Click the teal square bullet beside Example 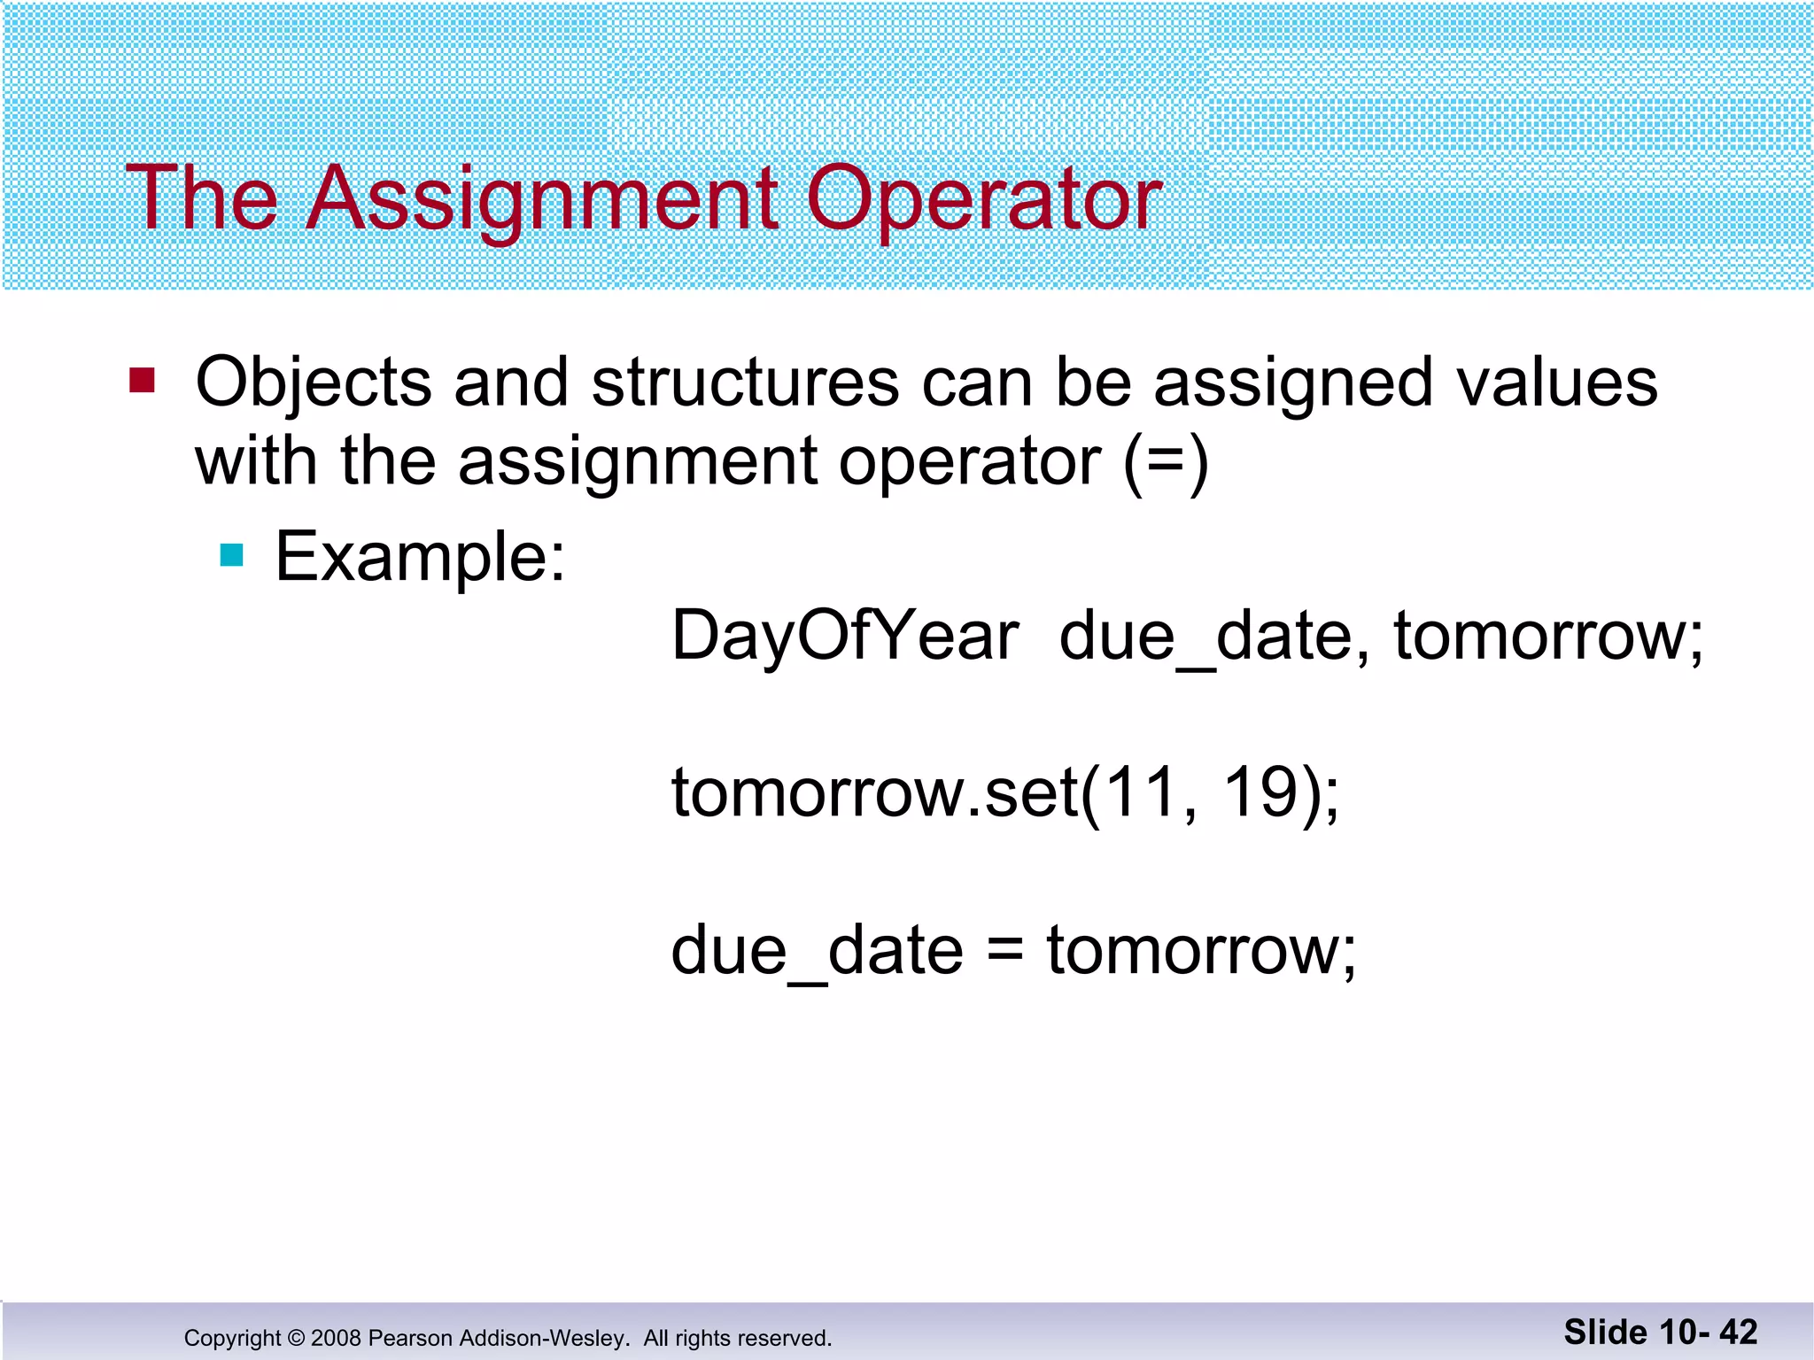tap(231, 555)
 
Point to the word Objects tap(313, 383)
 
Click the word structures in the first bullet tap(745, 383)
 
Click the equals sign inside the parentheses tap(1166, 462)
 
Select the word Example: tap(420, 557)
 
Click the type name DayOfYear tap(845, 637)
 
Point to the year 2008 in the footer tap(337, 1338)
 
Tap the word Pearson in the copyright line tap(410, 1338)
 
